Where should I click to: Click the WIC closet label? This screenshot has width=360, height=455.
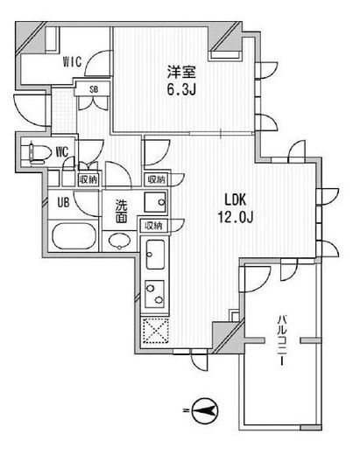pyautogui.click(x=72, y=61)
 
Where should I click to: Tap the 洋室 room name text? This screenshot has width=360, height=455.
pyautogui.click(x=181, y=72)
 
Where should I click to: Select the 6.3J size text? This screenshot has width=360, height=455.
pyautogui.click(x=181, y=89)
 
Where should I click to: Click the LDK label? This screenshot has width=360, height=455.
pyautogui.click(x=235, y=200)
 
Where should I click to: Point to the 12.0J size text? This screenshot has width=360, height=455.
pyautogui.click(x=235, y=217)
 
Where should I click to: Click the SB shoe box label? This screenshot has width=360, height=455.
pyautogui.click(x=94, y=89)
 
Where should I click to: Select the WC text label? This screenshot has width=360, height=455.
pyautogui.click(x=62, y=152)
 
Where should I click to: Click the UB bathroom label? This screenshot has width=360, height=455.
pyautogui.click(x=63, y=203)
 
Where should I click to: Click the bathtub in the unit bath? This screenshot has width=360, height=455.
pyautogui.click(x=74, y=236)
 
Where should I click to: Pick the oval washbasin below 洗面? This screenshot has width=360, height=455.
pyautogui.click(x=119, y=241)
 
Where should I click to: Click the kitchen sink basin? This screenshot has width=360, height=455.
pyautogui.click(x=155, y=255)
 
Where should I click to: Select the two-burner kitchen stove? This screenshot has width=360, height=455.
pyautogui.click(x=155, y=294)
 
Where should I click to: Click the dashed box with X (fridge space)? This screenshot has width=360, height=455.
pyautogui.click(x=156, y=331)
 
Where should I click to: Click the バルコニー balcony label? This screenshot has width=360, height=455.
pyautogui.click(x=282, y=340)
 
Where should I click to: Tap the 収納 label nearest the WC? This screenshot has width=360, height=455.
pyautogui.click(x=88, y=179)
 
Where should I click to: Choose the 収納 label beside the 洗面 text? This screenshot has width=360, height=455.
pyautogui.click(x=153, y=226)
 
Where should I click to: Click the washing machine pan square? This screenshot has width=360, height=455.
pyautogui.click(x=155, y=202)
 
